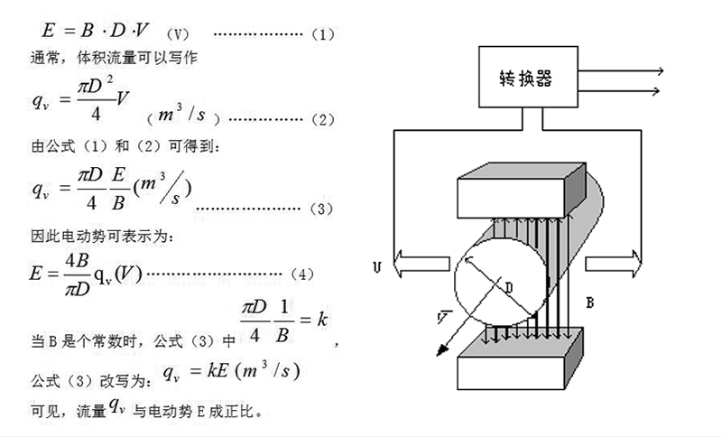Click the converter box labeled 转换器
click(528, 77)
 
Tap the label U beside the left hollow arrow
click(377, 267)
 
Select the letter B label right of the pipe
click(590, 302)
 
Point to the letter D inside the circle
click(509, 288)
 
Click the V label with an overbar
click(442, 317)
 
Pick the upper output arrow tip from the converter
click(662, 71)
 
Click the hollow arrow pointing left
click(421, 264)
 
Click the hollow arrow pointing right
click(613, 264)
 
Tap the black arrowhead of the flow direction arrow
click(442, 350)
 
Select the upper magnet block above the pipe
click(522, 191)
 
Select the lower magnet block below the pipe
click(520, 358)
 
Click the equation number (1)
click(323, 34)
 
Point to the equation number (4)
click(302, 274)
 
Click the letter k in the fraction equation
click(322, 319)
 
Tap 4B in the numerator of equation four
click(77, 261)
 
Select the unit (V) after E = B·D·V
click(178, 34)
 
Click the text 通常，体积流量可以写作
click(115, 58)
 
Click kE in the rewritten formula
click(218, 370)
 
